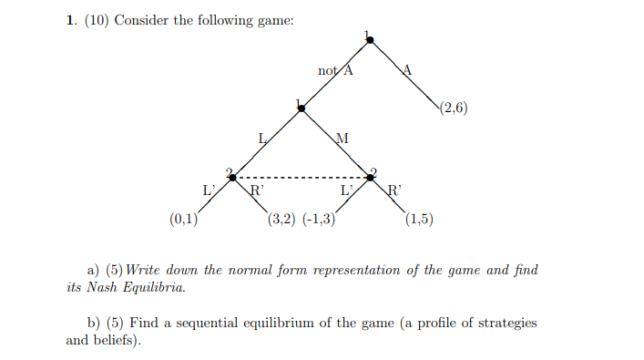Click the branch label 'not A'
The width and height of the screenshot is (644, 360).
pos(335,70)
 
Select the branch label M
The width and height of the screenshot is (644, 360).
pos(342,139)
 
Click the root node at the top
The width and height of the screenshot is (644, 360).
pos(369,39)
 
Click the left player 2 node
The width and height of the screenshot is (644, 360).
pos(233,177)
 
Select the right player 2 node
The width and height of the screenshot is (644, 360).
pos(371,177)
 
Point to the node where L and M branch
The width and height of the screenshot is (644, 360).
pos(302,108)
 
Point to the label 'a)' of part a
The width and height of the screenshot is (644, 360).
pos(92,270)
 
